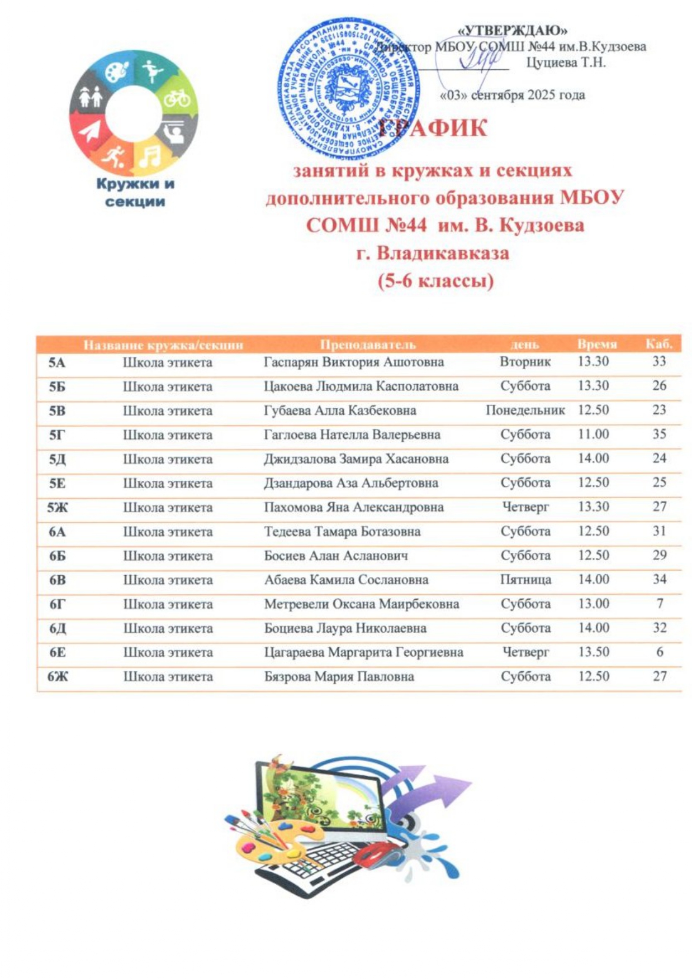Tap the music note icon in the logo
(149, 157)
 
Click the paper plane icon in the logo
(89, 132)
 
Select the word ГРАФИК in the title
(433, 128)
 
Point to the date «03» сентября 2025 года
(513, 95)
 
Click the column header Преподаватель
(368, 344)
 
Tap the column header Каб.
(660, 343)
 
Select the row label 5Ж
(57, 507)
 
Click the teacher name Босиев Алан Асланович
(336, 556)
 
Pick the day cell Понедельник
(525, 410)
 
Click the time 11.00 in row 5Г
(593, 434)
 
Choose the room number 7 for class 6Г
(660, 604)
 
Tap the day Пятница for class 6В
(525, 580)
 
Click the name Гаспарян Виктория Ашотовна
(354, 362)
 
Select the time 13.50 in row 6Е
(593, 652)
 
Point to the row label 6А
(57, 532)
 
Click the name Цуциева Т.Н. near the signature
(566, 63)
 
